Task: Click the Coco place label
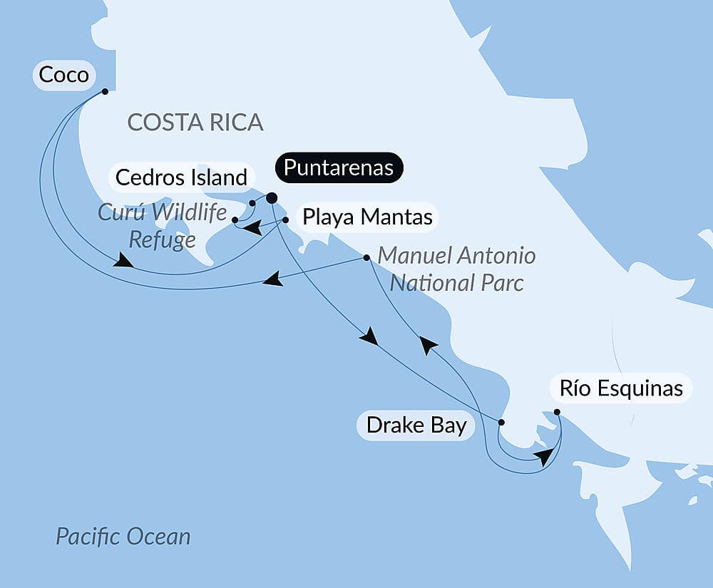63,75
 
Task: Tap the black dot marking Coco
105,91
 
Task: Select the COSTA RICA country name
195,122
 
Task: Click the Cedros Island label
182,177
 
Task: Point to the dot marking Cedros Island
252,204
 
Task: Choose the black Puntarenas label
339,167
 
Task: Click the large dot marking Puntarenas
272,198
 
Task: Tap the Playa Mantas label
367,217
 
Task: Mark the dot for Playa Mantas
285,220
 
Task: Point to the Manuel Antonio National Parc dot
366,257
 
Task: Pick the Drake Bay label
416,425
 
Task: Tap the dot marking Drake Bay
501,423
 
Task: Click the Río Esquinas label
620,388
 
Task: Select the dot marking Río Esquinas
557,412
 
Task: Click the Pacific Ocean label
123,536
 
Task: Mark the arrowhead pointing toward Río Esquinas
545,456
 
